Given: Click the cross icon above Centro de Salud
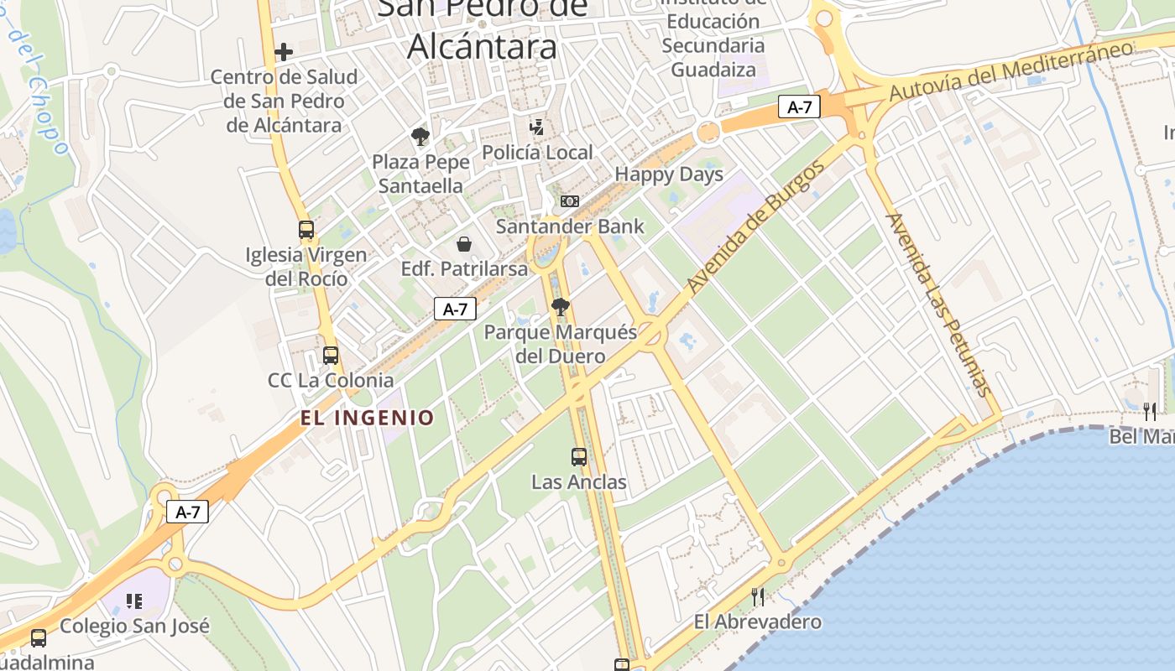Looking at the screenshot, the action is [284, 51].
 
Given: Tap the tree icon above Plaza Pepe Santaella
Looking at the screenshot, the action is [420, 136].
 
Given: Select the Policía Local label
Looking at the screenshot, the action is [537, 153].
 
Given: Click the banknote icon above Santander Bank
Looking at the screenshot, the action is [570, 201].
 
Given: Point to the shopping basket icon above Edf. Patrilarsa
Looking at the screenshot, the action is [463, 244].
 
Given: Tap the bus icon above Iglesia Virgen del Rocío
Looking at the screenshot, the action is [306, 229].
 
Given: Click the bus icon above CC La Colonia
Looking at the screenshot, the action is [331, 356].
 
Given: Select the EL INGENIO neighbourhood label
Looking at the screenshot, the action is [368, 418].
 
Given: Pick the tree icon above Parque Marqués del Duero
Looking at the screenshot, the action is [560, 306].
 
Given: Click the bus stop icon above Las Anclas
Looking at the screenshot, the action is [579, 457].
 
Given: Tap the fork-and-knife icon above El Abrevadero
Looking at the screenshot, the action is [757, 596].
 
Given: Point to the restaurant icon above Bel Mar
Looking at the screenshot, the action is [1150, 411].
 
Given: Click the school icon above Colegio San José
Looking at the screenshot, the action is [134, 601].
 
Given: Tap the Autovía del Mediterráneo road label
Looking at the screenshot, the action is [1010, 70].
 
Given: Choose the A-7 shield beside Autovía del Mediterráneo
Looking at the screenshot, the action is [798, 107].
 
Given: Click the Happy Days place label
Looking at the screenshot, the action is [669, 174].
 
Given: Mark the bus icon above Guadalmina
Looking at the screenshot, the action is [39, 637].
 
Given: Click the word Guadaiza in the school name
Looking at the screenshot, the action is [713, 69].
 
